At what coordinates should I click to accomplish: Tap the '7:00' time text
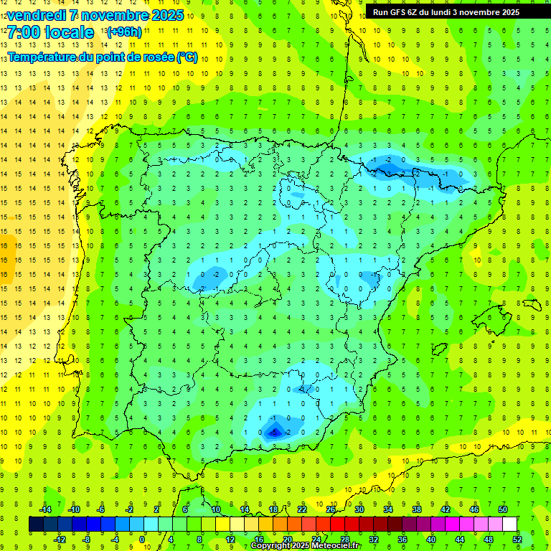(26, 32)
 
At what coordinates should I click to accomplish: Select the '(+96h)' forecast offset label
(123, 32)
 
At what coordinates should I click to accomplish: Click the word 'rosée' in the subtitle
(156, 57)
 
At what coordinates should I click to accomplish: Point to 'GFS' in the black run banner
(398, 12)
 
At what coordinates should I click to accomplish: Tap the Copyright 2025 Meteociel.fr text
(305, 546)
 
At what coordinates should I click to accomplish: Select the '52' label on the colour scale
(517, 540)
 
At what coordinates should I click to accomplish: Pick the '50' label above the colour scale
(503, 509)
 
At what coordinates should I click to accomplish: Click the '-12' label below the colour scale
(60, 540)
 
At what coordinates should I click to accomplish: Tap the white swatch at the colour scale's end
(510, 524)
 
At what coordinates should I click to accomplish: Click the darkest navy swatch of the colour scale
(36, 524)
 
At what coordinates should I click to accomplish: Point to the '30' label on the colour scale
(359, 509)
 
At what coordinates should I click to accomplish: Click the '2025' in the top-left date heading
(166, 15)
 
